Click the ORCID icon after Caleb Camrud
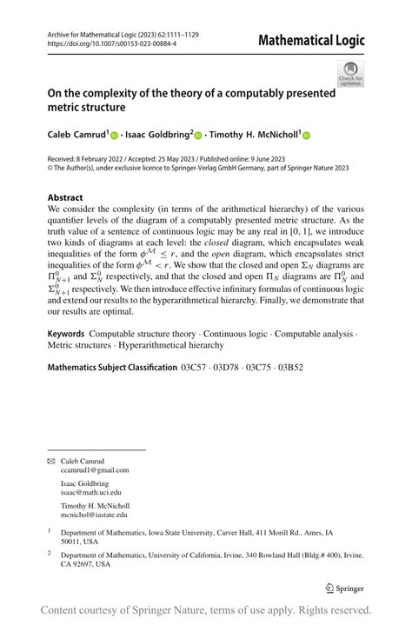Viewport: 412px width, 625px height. click(113, 136)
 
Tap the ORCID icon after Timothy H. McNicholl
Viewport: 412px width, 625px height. click(306, 136)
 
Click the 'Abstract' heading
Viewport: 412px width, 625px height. click(65, 197)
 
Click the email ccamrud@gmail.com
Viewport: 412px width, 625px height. click(95, 469)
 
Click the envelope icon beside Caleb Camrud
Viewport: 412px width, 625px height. click(50, 460)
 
